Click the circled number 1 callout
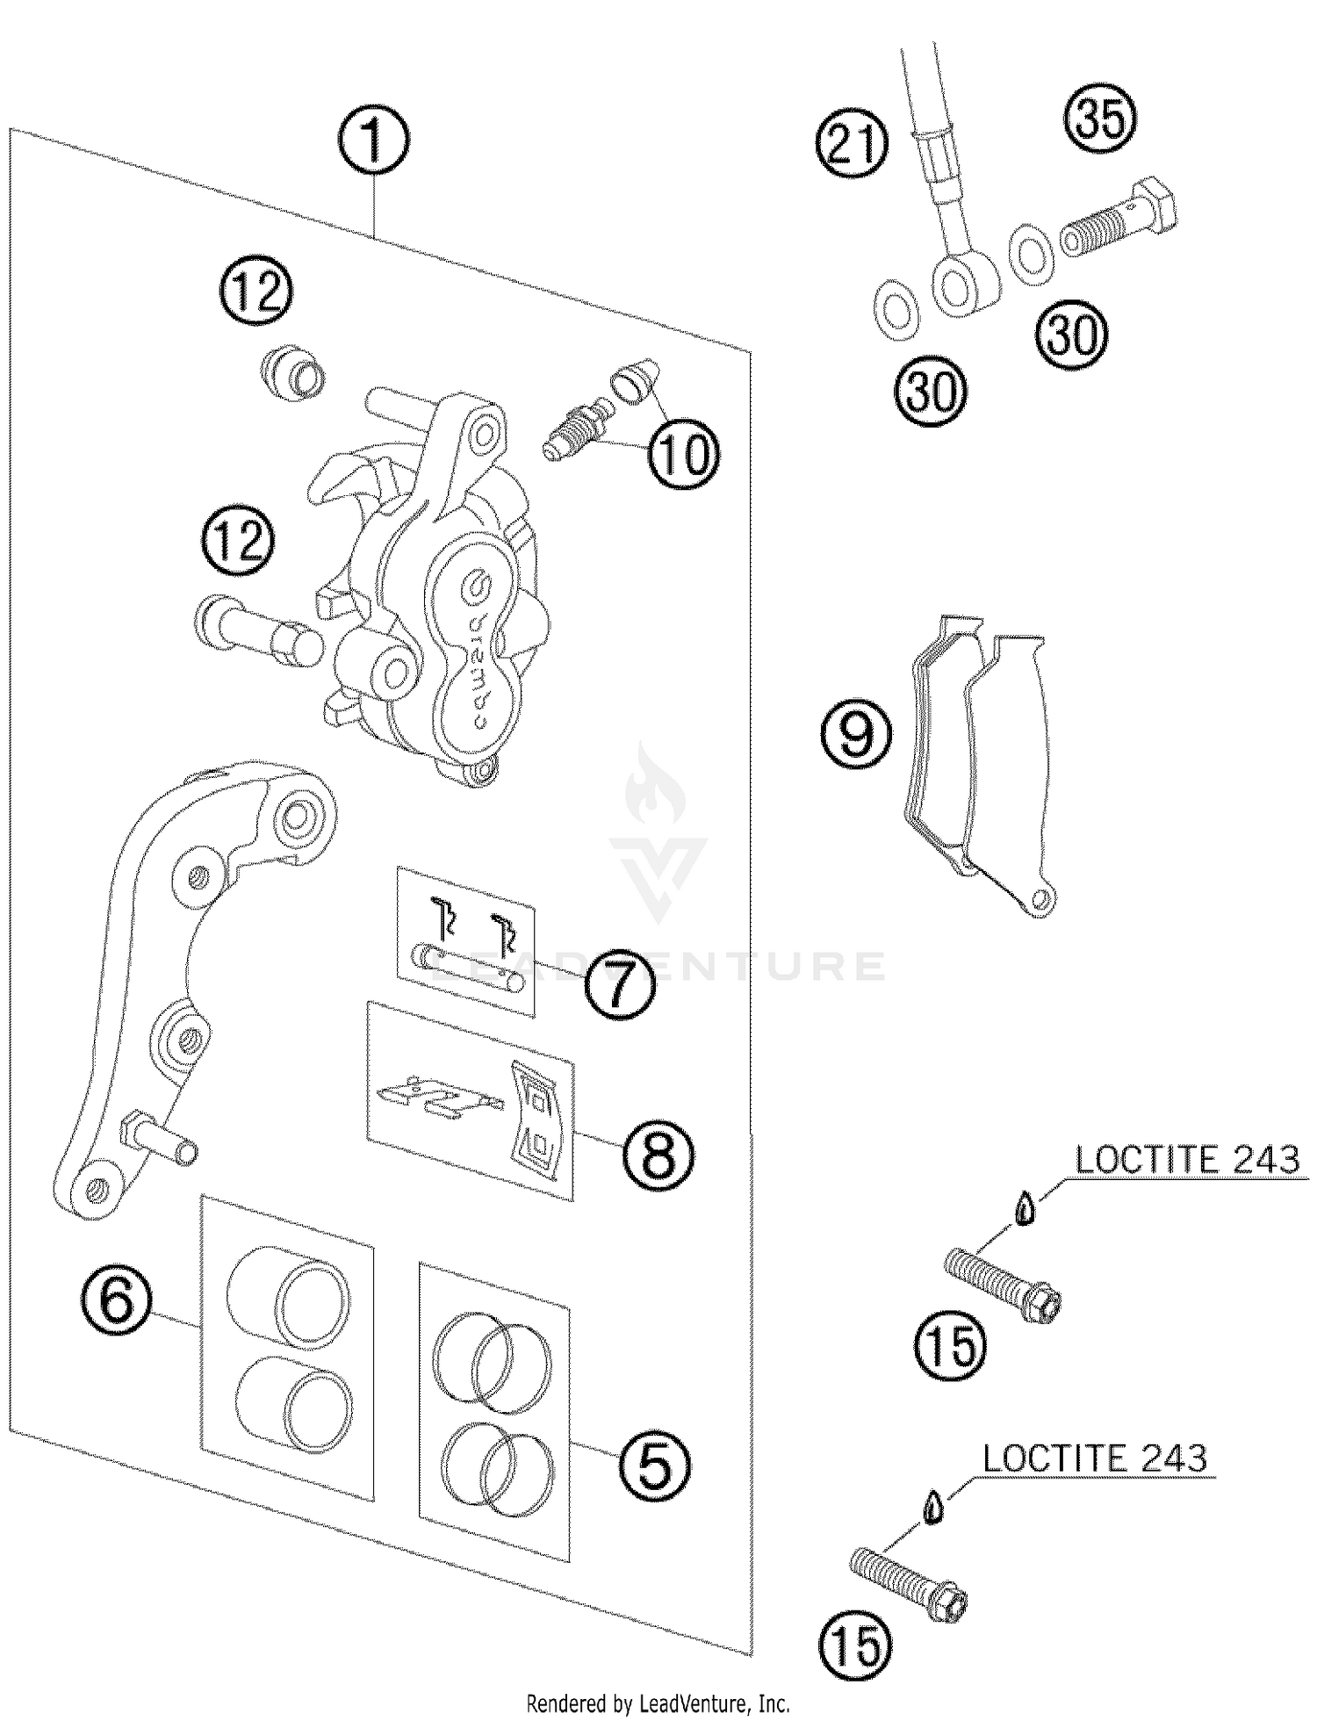(374, 143)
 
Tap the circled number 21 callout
(852, 143)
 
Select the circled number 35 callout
(1099, 119)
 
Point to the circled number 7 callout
(620, 985)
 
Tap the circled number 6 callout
(117, 1300)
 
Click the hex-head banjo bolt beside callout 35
(1119, 220)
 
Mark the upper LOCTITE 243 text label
(1187, 1160)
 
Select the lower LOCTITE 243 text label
(1095, 1458)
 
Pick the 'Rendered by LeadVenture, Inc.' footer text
(658, 1704)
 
